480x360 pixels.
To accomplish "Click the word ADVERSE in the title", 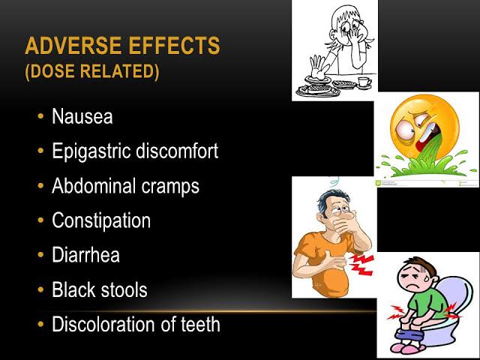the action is (x=73, y=46).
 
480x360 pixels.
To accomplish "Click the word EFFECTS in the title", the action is (x=174, y=46).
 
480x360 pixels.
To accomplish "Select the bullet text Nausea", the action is (x=82, y=117).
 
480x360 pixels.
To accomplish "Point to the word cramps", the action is (x=170, y=187).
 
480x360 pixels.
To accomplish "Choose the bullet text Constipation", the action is (x=101, y=220).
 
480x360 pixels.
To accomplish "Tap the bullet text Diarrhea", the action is (x=85, y=255).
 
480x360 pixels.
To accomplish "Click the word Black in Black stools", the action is (x=73, y=289).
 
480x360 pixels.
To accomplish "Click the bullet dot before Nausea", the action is (x=40, y=116).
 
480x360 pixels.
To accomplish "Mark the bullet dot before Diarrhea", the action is (x=40, y=255).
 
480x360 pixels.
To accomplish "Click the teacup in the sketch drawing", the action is (x=364, y=82).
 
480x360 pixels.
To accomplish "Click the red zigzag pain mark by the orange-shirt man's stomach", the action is (x=361, y=264).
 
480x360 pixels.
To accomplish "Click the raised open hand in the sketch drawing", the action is (x=317, y=67).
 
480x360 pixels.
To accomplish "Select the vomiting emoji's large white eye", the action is (x=405, y=129).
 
